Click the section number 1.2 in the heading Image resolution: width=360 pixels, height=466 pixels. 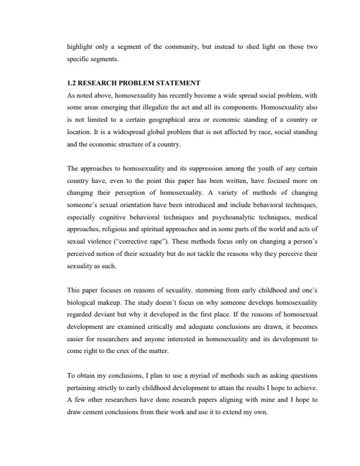72,83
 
